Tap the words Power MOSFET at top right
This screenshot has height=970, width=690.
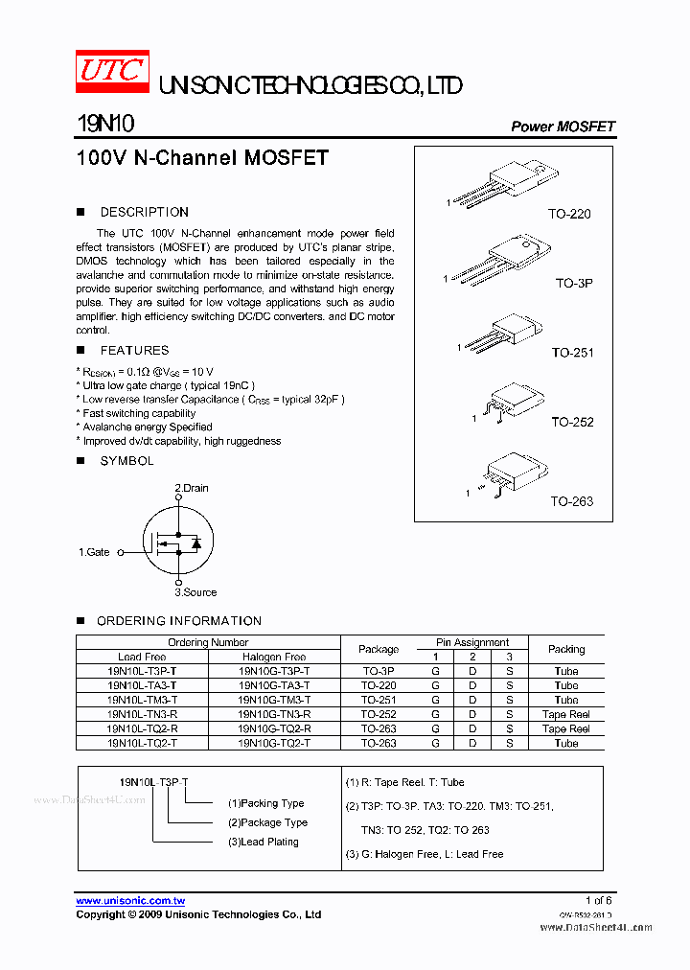tap(563, 127)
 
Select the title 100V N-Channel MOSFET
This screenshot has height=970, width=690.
tap(202, 158)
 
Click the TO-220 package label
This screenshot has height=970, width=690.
tap(569, 214)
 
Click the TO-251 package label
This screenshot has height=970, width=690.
tap(572, 353)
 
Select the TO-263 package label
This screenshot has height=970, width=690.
tap(571, 501)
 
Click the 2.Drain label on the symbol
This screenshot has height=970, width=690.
tap(191, 488)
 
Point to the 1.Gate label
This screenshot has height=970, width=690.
tap(94, 552)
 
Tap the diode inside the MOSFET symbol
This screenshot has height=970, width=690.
tap(196, 543)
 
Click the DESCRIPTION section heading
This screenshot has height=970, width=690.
tap(144, 212)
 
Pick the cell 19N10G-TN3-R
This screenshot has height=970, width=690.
tap(274, 714)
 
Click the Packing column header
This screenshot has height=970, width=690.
tap(565, 649)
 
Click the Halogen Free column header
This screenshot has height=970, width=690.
tap(274, 657)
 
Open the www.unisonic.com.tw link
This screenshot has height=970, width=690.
tap(130, 901)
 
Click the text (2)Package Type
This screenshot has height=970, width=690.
tap(267, 822)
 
